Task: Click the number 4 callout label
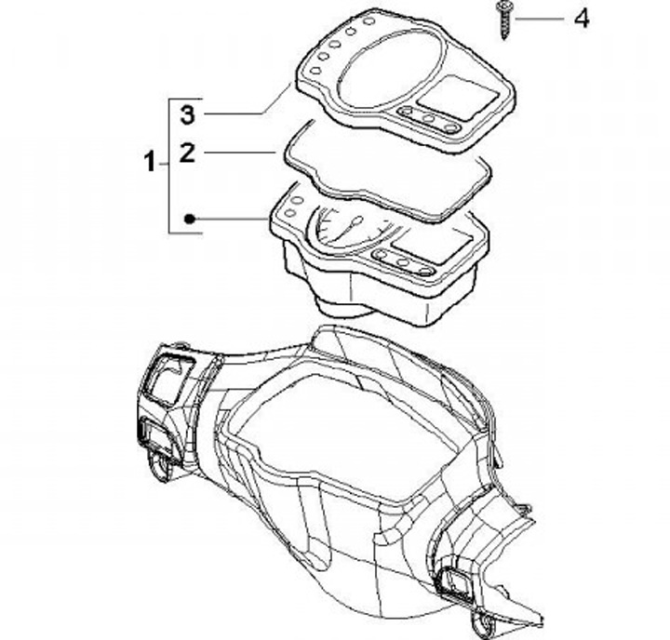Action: tap(581, 18)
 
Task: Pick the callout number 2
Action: tap(187, 152)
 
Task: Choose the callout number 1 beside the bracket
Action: tap(150, 164)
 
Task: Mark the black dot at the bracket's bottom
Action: tap(188, 220)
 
